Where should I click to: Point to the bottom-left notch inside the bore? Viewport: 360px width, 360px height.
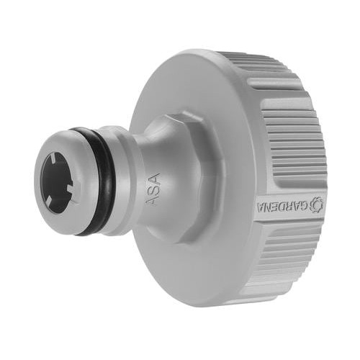(x=49, y=199)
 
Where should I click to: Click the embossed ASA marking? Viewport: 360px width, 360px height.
(x=153, y=189)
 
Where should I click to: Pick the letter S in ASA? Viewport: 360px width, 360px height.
(x=153, y=189)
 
